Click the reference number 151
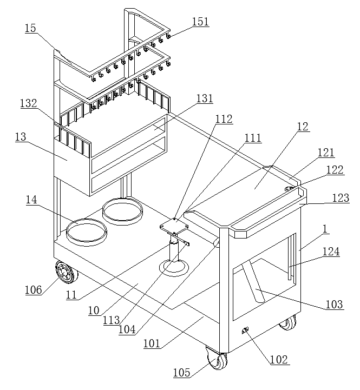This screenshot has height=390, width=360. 200,22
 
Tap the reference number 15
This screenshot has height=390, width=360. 30,28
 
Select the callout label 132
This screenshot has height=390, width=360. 29,103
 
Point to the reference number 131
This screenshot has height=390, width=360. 205,98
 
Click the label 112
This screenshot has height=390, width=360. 224,119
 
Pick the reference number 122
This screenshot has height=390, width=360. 335,170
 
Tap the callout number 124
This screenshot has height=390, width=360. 331,252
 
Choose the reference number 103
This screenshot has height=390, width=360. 335,304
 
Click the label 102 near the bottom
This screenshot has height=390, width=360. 279,360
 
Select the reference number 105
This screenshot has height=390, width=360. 181,373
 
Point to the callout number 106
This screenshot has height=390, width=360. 34,290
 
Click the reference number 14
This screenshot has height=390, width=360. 31,200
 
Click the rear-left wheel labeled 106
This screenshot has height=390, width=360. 66,273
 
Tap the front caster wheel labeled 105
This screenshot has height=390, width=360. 217,358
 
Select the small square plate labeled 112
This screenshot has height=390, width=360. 174,225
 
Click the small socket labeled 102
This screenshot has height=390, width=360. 245,330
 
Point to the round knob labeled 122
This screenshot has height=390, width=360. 289,189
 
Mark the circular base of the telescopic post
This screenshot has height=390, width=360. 174,268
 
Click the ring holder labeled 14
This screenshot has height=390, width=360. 87,232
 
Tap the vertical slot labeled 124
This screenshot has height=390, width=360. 289,258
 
